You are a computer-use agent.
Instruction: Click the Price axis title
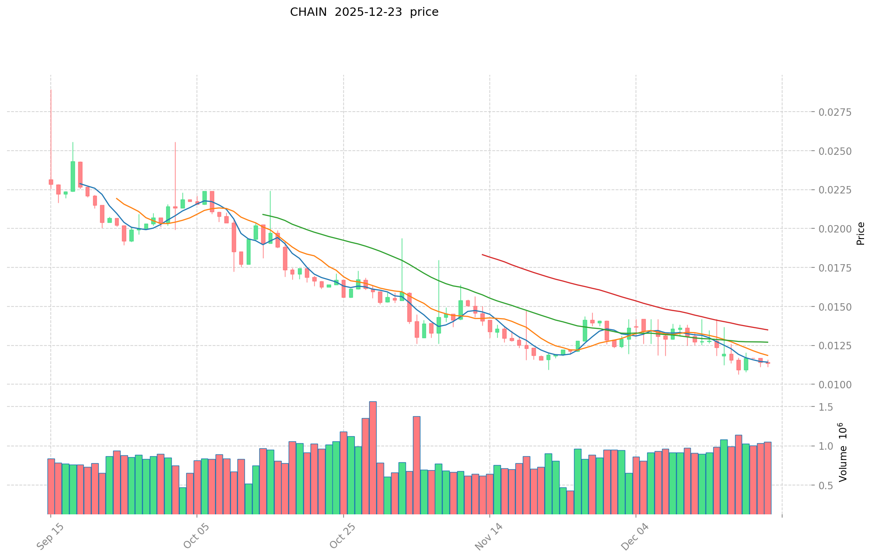(860, 233)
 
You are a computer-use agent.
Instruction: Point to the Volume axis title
(843, 452)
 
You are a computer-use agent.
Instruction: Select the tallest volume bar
(373, 458)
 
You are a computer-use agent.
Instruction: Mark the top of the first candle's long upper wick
(51, 90)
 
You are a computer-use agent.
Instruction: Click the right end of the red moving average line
(768, 330)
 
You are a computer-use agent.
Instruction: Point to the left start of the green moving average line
(263, 214)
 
